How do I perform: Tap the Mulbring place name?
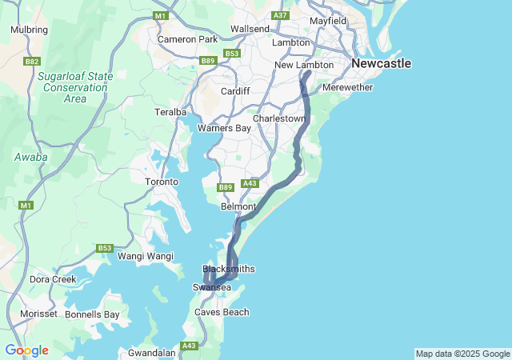pyautogui.click(x=29, y=30)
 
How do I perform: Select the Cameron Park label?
pyautogui.click(x=187, y=39)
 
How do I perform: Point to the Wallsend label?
pyautogui.click(x=250, y=29)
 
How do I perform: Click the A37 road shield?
pyautogui.click(x=280, y=15)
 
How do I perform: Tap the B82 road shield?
pyautogui.click(x=33, y=61)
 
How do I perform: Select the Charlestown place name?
pyautogui.click(x=279, y=118)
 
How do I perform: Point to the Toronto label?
pyautogui.click(x=161, y=182)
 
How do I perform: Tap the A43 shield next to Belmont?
pyautogui.click(x=250, y=183)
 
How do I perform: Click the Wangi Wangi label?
pyautogui.click(x=146, y=256)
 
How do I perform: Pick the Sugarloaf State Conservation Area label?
pyautogui.click(x=74, y=87)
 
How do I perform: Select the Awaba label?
pyautogui.click(x=30, y=157)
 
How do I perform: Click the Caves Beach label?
pyautogui.click(x=222, y=312)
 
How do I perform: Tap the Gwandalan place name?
pyautogui.click(x=152, y=352)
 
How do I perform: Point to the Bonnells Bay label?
pyautogui.click(x=92, y=314)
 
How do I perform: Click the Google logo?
pyautogui.click(x=26, y=350)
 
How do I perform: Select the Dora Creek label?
pyautogui.click(x=53, y=279)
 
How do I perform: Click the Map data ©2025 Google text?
pyautogui.click(x=462, y=354)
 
